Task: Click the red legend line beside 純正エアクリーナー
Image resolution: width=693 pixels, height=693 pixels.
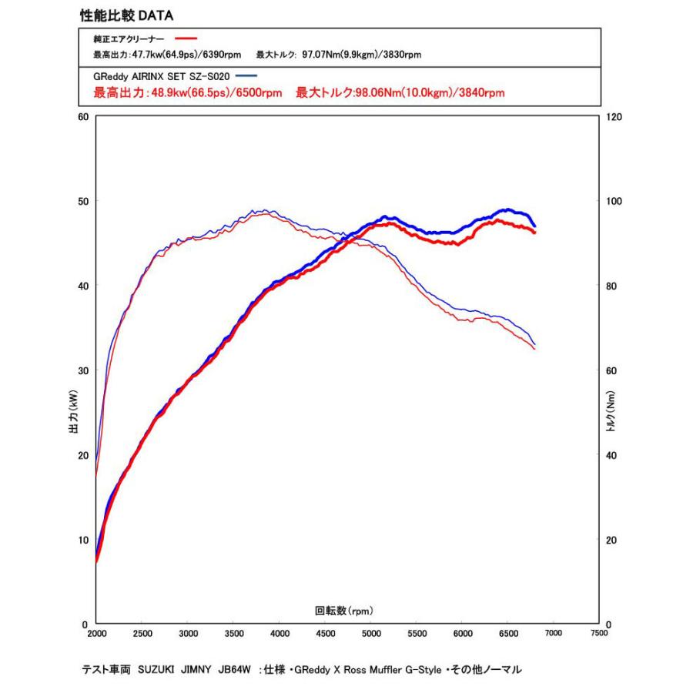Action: click(186, 38)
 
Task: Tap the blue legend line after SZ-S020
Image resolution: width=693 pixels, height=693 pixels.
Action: click(246, 75)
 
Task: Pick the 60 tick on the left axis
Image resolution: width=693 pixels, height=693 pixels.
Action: click(84, 116)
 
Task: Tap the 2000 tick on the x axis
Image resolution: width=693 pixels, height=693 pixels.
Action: click(95, 634)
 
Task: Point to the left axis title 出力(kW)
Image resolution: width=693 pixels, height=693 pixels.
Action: click(73, 417)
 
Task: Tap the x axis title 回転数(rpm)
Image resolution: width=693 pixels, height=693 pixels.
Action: click(344, 611)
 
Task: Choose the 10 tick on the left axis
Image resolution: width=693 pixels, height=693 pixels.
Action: click(84, 540)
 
